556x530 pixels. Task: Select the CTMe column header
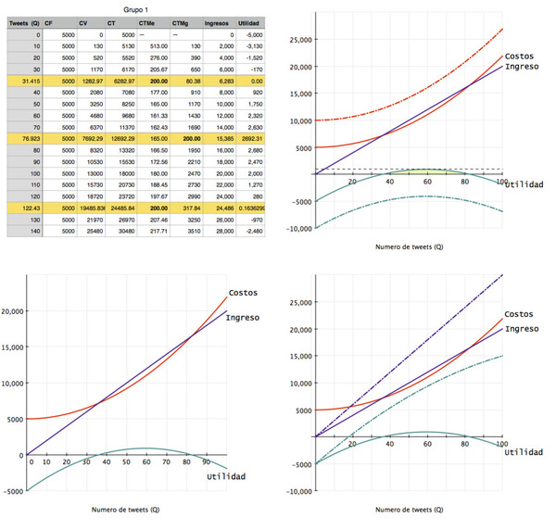[x=148, y=21]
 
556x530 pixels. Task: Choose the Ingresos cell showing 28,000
[x=219, y=231]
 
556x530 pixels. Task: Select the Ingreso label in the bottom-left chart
[x=240, y=318]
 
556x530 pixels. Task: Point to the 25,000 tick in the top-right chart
[x=302, y=41]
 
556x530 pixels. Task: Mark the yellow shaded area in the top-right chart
[x=426, y=171]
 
